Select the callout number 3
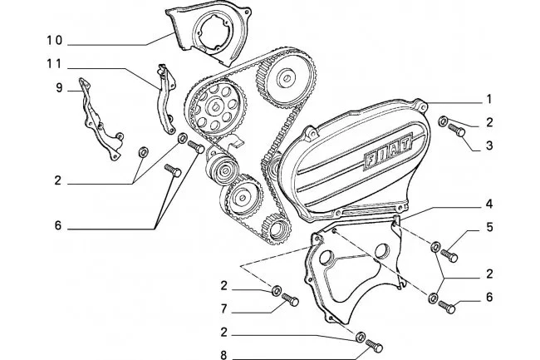pyautogui.click(x=489, y=146)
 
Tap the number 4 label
pyautogui.click(x=489, y=203)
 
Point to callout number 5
pyautogui.click(x=489, y=226)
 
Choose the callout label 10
pyautogui.click(x=54, y=39)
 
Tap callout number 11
pyautogui.click(x=54, y=64)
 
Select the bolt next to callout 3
pyautogui.click(x=456, y=131)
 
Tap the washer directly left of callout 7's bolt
pyautogui.click(x=277, y=291)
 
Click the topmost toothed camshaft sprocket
pyautogui.click(x=286, y=79)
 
